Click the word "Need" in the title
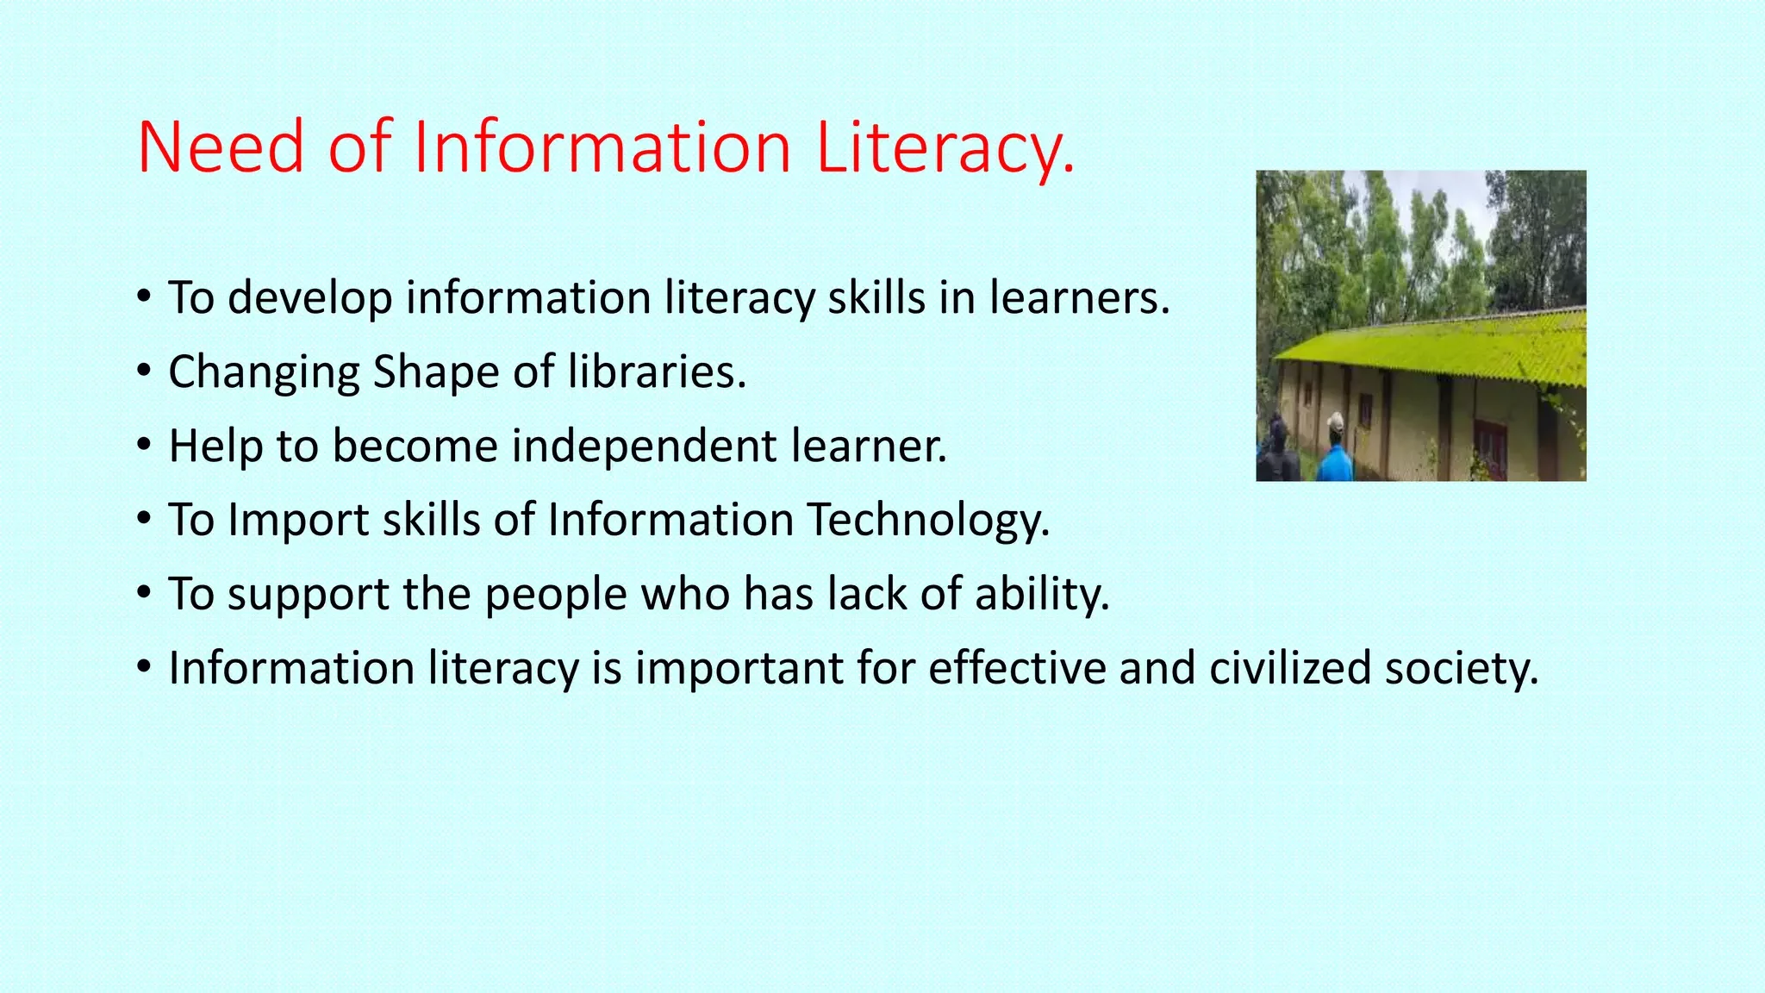221,148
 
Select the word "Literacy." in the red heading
945,148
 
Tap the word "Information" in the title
602,148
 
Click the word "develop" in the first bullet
310,299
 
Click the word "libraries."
657,372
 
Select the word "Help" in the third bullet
216,447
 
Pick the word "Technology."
928,521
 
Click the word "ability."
1042,595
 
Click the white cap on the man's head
1336,422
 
